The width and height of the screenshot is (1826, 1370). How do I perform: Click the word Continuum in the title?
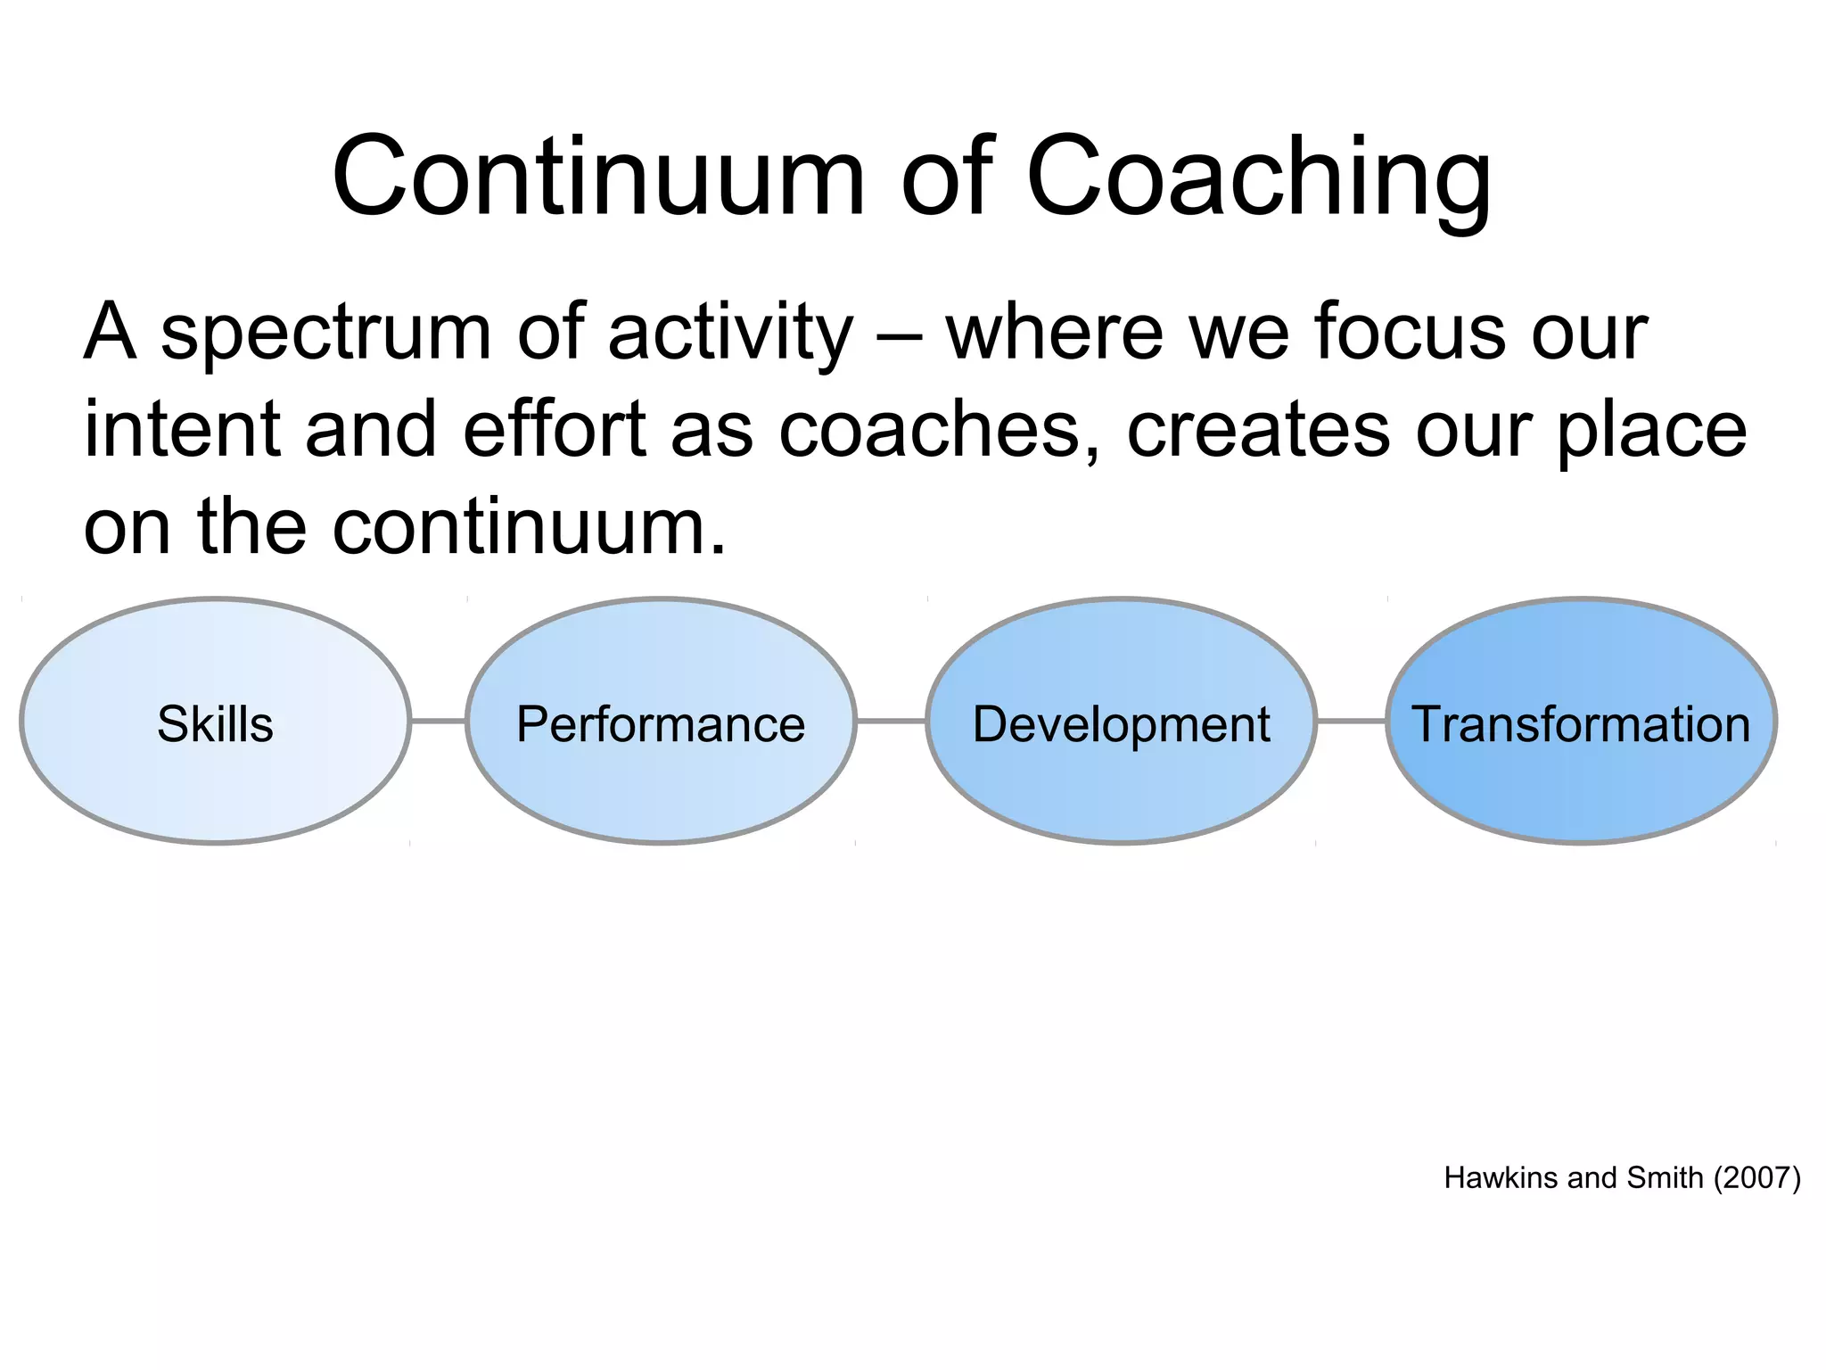tap(597, 177)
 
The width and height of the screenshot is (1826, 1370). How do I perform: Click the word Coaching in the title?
tap(1258, 177)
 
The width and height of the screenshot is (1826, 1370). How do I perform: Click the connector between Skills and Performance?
tap(438, 721)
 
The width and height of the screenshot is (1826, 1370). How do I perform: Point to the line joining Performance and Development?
tap(891, 721)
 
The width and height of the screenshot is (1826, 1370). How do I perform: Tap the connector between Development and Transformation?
tap(1351, 721)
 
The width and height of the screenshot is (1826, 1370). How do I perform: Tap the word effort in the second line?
tap(555, 430)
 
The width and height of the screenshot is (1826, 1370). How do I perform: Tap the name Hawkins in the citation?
tap(1502, 1178)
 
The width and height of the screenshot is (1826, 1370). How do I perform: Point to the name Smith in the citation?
tap(1665, 1178)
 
